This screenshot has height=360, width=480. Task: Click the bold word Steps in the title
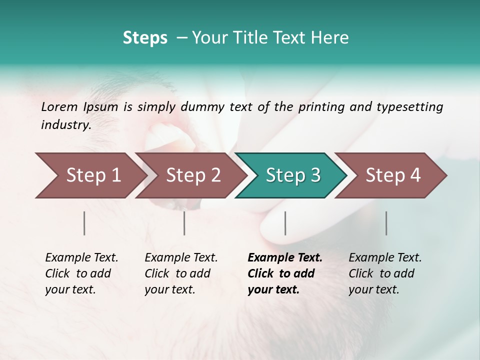pyautogui.click(x=145, y=38)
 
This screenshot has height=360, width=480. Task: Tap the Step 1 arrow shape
pyautogui.click(x=90, y=175)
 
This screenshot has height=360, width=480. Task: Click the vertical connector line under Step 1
pyautogui.click(x=84, y=223)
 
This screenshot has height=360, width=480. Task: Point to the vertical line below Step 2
pyautogui.click(x=184, y=223)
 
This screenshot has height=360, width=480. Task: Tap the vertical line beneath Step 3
pyautogui.click(x=285, y=223)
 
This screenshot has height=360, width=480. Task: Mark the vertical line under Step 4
pyautogui.click(x=386, y=223)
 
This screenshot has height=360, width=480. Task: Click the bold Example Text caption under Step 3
pyautogui.click(x=284, y=273)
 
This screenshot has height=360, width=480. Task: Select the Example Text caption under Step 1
pyautogui.click(x=81, y=273)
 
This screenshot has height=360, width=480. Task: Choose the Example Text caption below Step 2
pyautogui.click(x=181, y=273)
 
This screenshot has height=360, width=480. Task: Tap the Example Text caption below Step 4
pyautogui.click(x=385, y=273)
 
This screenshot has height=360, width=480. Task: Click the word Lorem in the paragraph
pyautogui.click(x=59, y=106)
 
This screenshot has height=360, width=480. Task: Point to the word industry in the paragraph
pyautogui.click(x=66, y=124)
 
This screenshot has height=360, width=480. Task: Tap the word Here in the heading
pyautogui.click(x=332, y=38)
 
